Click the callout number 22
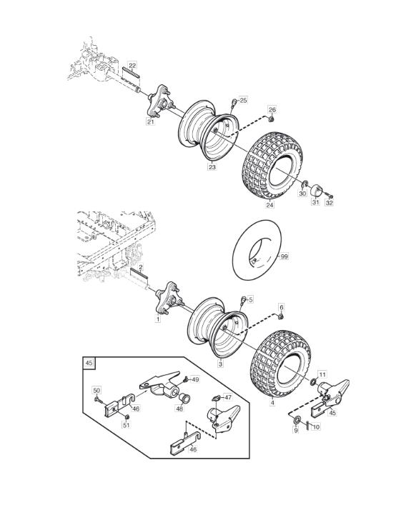132,66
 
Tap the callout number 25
243,101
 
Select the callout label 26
272,110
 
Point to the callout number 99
284,256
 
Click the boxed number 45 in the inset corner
89,363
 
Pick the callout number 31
315,202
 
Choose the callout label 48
179,409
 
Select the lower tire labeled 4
280,364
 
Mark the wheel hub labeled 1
168,298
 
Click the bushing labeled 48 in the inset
185,398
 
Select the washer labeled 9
296,420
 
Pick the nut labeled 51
127,417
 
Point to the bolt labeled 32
329,195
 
